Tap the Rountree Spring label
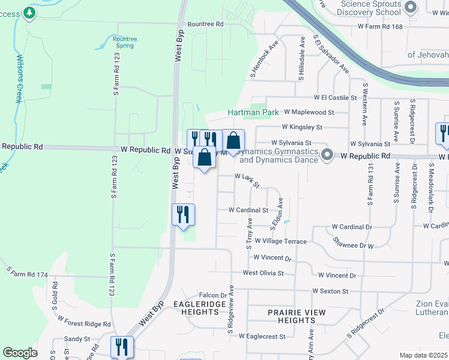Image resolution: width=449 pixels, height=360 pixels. (125, 43)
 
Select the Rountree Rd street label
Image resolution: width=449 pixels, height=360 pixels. (205, 24)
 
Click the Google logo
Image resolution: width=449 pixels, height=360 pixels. (20, 353)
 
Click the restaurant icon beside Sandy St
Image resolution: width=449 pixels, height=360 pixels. (122, 346)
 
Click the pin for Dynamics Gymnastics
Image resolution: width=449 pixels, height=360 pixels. (327, 155)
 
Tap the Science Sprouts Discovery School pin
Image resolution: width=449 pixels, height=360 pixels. (411, 8)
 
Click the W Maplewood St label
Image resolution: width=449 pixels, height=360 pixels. (308, 112)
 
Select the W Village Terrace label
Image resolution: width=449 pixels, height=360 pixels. (280, 241)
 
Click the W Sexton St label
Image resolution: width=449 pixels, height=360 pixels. (330, 291)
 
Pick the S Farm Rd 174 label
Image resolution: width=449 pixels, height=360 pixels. (26, 274)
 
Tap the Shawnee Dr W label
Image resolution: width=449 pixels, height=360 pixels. (354, 242)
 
